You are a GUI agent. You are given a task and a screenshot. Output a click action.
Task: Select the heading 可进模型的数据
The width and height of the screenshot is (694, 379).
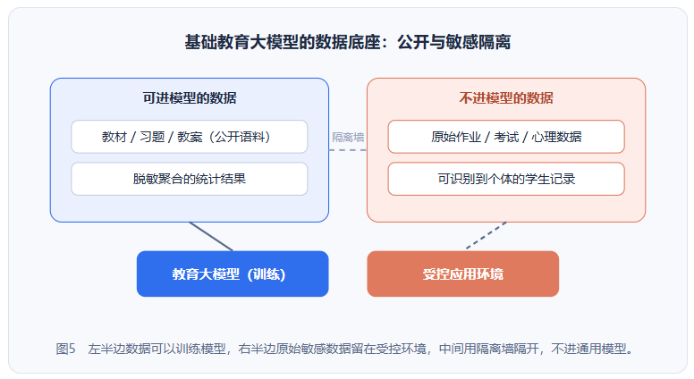[190, 97]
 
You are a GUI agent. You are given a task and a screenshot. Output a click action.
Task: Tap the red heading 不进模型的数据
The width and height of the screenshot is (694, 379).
[506, 97]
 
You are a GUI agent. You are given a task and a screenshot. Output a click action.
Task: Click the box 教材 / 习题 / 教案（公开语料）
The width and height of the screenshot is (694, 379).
[190, 137]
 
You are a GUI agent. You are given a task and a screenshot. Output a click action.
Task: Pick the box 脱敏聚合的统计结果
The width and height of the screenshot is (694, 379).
[190, 179]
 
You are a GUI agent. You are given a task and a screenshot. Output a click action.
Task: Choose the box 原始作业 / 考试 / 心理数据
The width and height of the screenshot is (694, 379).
[506, 137]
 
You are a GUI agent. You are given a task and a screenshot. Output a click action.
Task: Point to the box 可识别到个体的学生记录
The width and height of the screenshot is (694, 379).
[506, 179]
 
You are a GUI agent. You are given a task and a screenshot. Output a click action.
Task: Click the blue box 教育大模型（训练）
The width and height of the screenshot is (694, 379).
[233, 274]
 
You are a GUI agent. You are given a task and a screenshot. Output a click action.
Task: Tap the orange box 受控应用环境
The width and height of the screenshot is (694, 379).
[463, 274]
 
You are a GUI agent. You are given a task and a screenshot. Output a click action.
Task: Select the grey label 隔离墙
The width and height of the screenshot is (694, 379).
[348, 137]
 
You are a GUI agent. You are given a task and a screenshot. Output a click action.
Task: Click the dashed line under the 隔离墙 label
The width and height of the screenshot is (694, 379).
[348, 150]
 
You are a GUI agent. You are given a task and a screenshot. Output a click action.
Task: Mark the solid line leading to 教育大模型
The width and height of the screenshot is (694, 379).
[211, 237]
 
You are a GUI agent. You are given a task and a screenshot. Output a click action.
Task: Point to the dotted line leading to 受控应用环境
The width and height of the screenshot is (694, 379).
[486, 236]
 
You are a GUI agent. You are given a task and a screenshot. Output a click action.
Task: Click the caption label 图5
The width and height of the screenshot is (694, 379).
[65, 349]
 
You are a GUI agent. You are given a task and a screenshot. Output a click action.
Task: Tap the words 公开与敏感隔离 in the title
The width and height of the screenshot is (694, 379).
[453, 42]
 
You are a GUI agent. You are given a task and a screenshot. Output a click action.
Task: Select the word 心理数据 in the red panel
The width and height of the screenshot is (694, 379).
[556, 137]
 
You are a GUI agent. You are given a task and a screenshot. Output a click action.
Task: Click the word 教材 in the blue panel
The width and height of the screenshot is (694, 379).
[114, 137]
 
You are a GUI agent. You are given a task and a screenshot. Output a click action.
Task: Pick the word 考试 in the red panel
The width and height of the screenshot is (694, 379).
[506, 137]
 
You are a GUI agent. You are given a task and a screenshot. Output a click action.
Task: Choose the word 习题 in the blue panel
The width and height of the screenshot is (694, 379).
[152, 137]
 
